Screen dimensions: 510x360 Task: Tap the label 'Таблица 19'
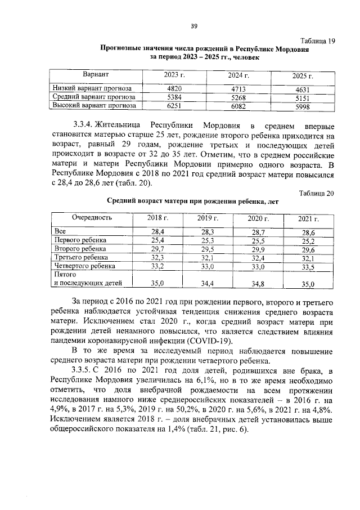click(x=317, y=41)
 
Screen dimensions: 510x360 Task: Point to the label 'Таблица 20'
click(x=317, y=193)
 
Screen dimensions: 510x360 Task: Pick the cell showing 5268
click(x=239, y=97)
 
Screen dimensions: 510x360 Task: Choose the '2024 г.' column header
click(x=239, y=75)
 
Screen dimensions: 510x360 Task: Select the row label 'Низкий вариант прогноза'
click(x=92, y=88)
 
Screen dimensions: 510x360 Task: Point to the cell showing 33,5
click(x=308, y=267)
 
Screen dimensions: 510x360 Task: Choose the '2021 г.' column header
click(x=308, y=218)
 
